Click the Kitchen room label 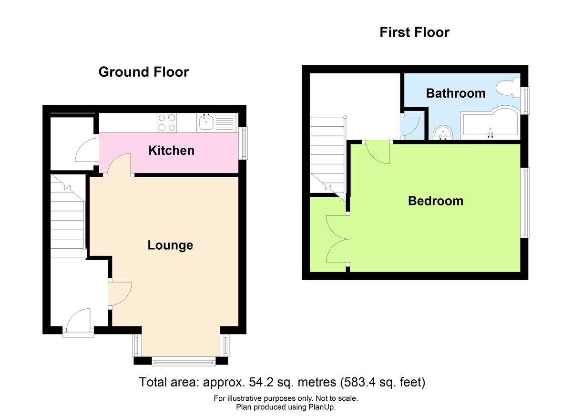pos(171,151)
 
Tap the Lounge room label pos(170,245)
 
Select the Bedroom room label pos(435,201)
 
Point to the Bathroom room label pos(456,93)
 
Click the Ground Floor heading pos(143,72)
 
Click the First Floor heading pos(414,32)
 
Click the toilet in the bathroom pos(506,88)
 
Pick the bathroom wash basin pos(443,132)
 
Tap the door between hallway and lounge pos(119,294)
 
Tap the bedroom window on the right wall pos(525,202)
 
